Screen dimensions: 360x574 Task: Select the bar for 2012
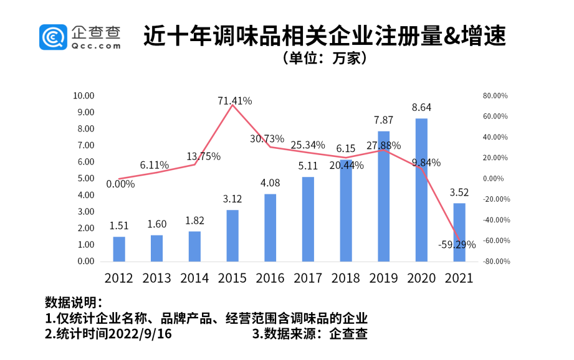[119, 249]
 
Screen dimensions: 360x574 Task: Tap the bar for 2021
[459, 232]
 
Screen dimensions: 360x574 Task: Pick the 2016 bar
[270, 228]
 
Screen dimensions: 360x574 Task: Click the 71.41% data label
[235, 100]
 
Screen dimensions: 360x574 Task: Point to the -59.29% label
[456, 245]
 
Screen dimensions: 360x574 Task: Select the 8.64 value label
[421, 108]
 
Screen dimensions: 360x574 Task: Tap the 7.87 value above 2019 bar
[383, 120]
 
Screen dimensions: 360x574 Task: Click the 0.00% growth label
[120, 184]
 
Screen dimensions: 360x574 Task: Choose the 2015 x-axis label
[232, 278]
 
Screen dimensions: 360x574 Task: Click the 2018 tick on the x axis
[345, 278]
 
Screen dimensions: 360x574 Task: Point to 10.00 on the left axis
[83, 96]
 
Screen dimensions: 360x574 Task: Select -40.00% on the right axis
[495, 220]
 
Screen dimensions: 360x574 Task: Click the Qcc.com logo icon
[53, 37]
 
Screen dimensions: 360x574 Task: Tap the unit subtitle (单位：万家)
[323, 59]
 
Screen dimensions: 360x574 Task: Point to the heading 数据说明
[72, 303]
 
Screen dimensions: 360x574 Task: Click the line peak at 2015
[232, 105]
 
